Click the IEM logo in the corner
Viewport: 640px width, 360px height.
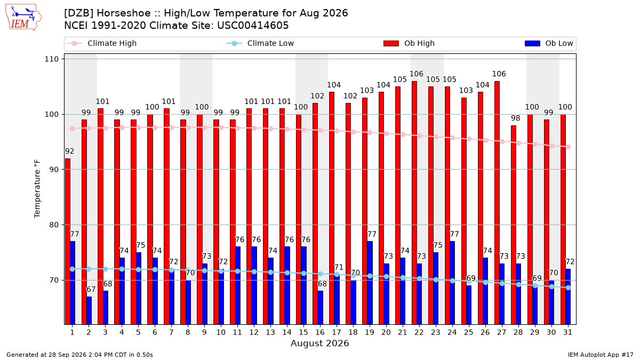(x=23, y=18)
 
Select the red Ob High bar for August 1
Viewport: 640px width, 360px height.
(x=68, y=242)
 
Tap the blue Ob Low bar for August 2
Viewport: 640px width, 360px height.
(x=89, y=310)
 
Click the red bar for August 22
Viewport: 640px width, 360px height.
(x=414, y=203)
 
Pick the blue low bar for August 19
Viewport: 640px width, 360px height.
(x=370, y=283)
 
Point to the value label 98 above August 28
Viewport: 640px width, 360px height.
(x=515, y=118)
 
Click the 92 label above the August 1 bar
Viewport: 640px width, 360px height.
(x=69, y=151)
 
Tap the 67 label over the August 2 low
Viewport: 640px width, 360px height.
(x=91, y=290)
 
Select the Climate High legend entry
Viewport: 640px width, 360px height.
(x=101, y=43)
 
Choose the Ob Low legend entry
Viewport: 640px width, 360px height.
(x=549, y=43)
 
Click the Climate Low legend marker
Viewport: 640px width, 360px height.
(x=234, y=43)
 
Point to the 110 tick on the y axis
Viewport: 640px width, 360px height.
(x=51, y=59)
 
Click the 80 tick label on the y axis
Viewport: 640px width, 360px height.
(x=54, y=225)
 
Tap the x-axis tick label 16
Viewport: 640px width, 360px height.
(x=320, y=332)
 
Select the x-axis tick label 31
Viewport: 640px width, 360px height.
(x=567, y=332)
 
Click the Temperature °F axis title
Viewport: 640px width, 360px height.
(x=37, y=189)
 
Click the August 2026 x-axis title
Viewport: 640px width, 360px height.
(x=319, y=343)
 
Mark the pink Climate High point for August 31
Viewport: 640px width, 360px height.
(x=569, y=147)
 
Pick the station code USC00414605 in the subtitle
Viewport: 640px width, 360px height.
(x=253, y=26)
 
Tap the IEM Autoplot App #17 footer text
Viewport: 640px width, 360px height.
(x=601, y=355)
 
